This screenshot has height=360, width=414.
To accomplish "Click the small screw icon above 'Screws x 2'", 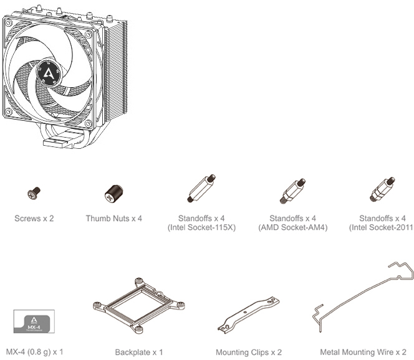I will click(36, 194).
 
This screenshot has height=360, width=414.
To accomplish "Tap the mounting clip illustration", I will click(247, 316).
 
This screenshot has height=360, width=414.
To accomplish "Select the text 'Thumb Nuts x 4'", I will click(113, 219).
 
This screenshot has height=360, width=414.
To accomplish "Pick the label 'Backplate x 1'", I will click(139, 352).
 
